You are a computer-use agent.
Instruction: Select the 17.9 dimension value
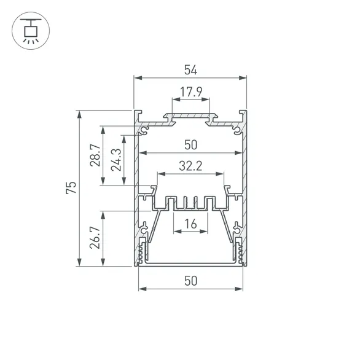(x=190, y=93)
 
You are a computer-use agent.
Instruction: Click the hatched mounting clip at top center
(x=190, y=115)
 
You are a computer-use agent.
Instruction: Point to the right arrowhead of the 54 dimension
(x=243, y=78)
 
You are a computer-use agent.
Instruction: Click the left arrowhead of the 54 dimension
(x=138, y=78)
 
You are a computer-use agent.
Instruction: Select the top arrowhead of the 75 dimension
(x=79, y=114)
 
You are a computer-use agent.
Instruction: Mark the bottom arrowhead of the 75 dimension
(x=79, y=264)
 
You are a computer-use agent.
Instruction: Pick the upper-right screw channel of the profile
(x=237, y=130)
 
